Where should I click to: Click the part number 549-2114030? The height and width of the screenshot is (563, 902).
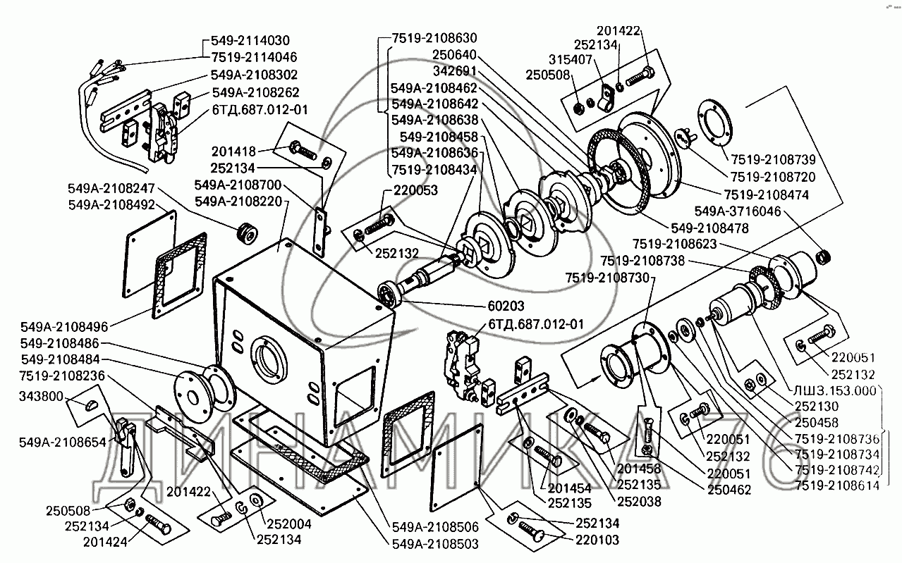click(250, 41)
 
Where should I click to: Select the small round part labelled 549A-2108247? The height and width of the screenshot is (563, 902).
click(248, 232)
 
